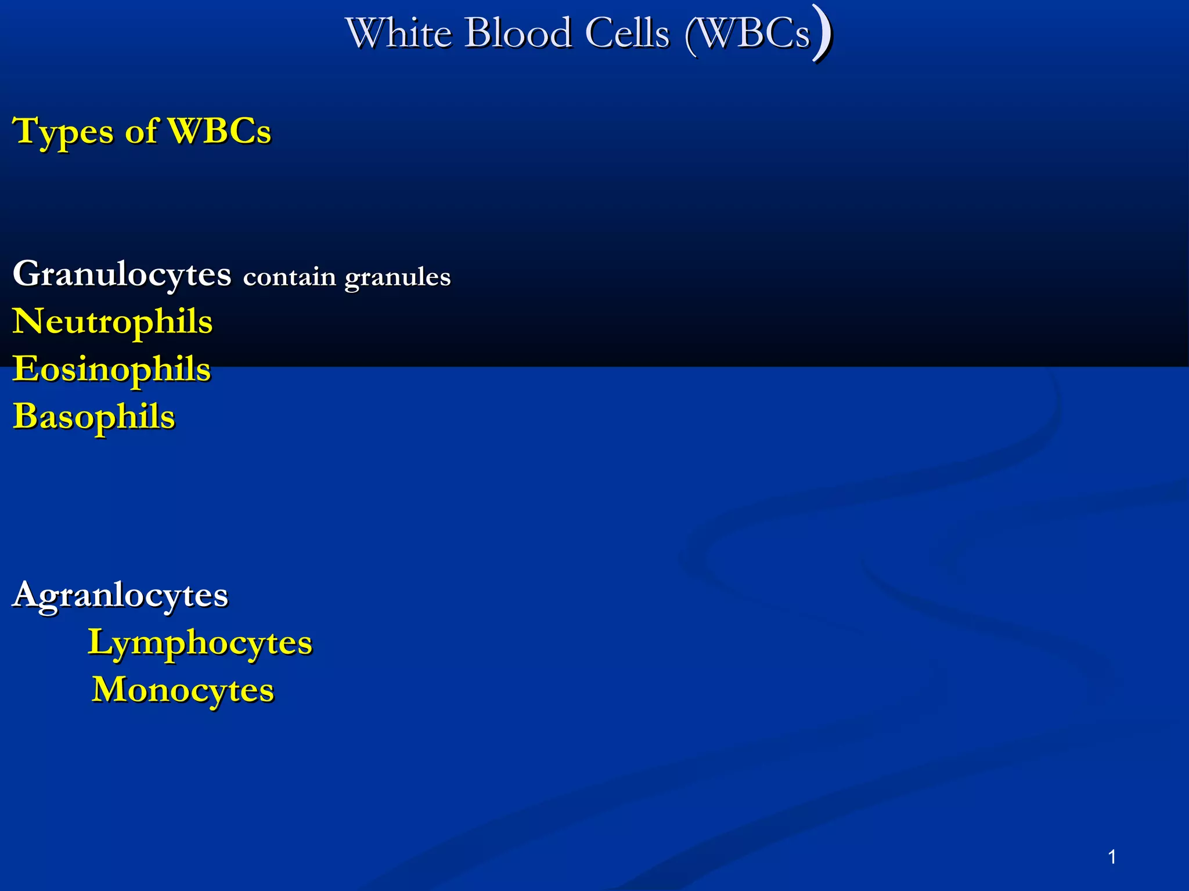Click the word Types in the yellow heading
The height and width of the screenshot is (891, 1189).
tap(63, 132)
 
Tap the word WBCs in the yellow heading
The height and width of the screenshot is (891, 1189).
tap(219, 131)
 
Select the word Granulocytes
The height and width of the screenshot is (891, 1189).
tap(122, 274)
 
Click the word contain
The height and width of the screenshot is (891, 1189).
tap(289, 277)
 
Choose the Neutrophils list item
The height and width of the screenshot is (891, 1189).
tap(113, 321)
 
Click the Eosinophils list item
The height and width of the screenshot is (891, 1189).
tap(112, 369)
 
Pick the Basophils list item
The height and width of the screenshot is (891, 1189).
tap(94, 416)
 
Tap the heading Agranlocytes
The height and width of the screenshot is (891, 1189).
tap(120, 595)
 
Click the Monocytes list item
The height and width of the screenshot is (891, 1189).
tap(183, 690)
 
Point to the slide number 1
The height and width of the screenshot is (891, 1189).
tap(1112, 857)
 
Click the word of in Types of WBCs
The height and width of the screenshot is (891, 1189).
tap(141, 131)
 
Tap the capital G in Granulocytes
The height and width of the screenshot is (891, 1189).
tap(27, 273)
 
